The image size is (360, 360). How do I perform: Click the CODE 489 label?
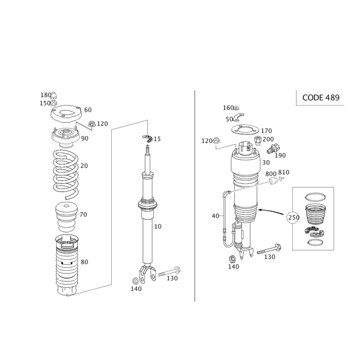321,98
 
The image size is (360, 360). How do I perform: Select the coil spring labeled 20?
66,175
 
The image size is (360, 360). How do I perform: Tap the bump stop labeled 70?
67,217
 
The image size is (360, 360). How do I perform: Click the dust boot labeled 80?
67,265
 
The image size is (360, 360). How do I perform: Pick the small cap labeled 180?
54,95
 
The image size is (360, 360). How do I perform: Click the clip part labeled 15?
147,139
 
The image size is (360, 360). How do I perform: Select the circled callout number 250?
293,217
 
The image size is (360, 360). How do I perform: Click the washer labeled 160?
237,108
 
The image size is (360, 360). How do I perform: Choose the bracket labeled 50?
238,117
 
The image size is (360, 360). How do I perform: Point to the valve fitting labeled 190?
273,148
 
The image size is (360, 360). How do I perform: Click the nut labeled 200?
258,140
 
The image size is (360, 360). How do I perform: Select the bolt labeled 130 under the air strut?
269,250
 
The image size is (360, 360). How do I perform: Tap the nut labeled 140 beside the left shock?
135,281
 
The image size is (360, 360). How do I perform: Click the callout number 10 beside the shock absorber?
158,227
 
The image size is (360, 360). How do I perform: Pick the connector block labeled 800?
273,181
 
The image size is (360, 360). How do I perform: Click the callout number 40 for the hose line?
216,216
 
